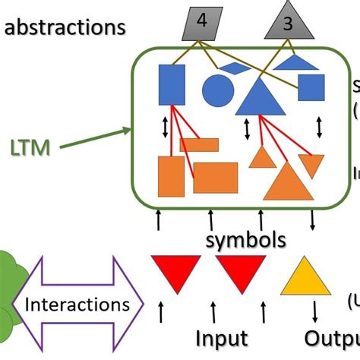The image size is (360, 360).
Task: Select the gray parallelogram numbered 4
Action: [201, 23]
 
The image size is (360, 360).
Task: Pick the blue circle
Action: [216, 90]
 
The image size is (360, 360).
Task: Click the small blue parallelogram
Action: [235, 68]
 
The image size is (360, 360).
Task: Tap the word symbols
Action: [245, 240]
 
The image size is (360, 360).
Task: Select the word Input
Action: [222, 337]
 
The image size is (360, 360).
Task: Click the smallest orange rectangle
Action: [200, 145]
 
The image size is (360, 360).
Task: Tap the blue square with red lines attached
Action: [172, 84]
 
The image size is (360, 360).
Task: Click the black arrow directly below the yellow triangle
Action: [314, 311]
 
